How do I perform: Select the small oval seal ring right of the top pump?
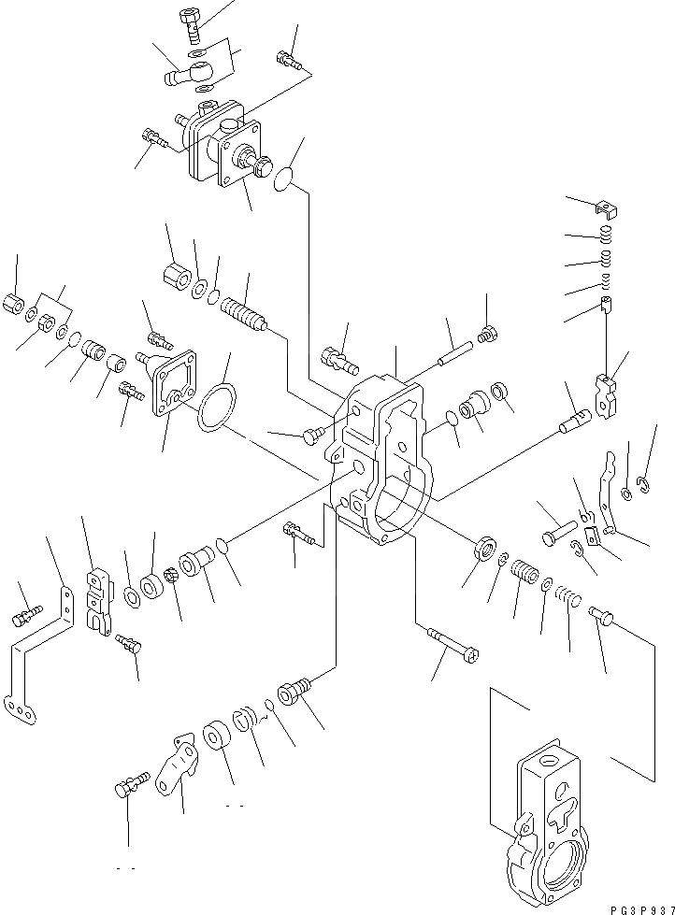[286, 179]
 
